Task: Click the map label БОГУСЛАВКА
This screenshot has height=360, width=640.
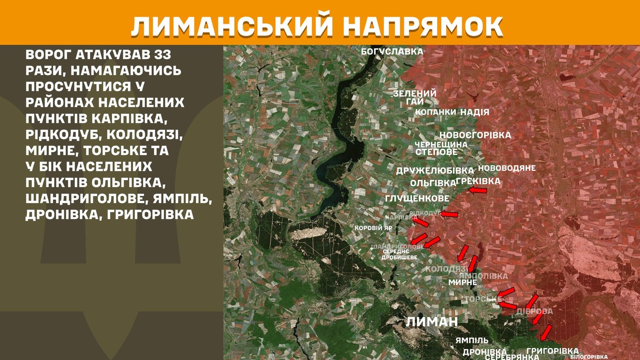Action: pyautogui.click(x=392, y=52)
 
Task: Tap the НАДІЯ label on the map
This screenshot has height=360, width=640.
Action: pyautogui.click(x=475, y=112)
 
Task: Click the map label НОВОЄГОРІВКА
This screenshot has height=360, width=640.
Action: pyautogui.click(x=475, y=135)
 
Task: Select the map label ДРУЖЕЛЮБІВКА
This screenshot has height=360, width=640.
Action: pyautogui.click(x=435, y=171)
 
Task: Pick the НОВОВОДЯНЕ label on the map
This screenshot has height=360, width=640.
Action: pyautogui.click(x=506, y=168)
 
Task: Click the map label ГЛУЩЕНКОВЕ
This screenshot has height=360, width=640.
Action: pyautogui.click(x=417, y=199)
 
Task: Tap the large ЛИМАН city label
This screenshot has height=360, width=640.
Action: pyautogui.click(x=432, y=322)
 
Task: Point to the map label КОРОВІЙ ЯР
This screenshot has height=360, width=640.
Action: pyautogui.click(x=373, y=228)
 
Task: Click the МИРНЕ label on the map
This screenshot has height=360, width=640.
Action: pyautogui.click(x=462, y=282)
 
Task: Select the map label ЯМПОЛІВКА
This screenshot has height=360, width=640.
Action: pyautogui.click(x=483, y=276)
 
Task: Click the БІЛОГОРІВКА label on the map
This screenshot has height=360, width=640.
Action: pyautogui.click(x=588, y=357)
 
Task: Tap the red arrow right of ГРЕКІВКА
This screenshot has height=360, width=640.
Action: pyautogui.click(x=478, y=190)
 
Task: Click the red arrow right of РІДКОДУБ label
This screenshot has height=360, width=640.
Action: pyautogui.click(x=449, y=214)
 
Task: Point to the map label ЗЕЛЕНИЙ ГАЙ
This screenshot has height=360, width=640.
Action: pyautogui.click(x=415, y=97)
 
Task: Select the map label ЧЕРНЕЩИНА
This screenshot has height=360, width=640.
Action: pyautogui.click(x=441, y=145)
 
